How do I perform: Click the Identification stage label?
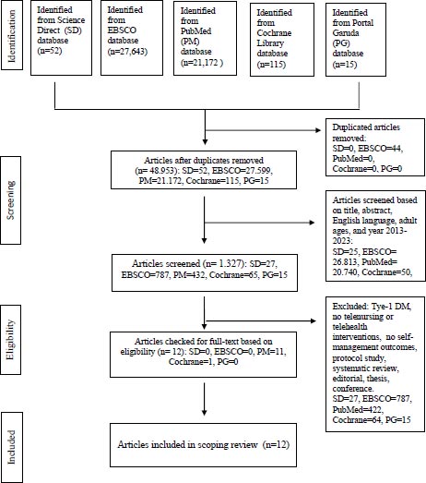coord(12,35)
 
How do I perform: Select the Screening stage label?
coord(11,200)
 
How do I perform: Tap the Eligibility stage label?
coord(11,340)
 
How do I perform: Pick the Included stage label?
coord(12,447)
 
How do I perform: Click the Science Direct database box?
coord(61,38)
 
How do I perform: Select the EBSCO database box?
coord(132,38)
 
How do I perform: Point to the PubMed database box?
coord(205,39)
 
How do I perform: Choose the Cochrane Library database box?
coord(282,40)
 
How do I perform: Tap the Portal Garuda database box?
coord(356,40)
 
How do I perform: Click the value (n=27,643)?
coord(127,51)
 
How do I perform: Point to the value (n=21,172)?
coord(202,63)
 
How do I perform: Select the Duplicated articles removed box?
coord(375,148)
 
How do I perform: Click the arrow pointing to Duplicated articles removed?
coord(263,130)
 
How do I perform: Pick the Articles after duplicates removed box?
coord(204,170)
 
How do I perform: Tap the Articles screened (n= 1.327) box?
coord(205,272)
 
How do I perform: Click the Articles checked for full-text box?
coord(203,355)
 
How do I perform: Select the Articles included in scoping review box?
coord(203,445)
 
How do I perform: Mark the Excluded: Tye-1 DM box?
coord(375,364)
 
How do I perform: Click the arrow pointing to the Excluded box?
coord(261,321)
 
